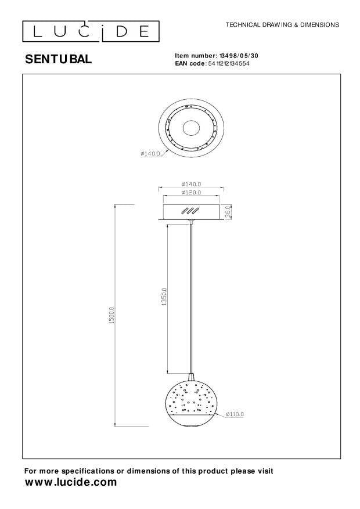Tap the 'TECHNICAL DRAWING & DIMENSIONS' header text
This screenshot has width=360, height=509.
[282, 26]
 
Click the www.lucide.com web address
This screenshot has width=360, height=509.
[70, 482]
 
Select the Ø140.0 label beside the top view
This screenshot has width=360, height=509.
[150, 154]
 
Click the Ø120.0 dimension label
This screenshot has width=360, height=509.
[191, 192]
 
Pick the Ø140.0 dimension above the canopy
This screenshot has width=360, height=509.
[191, 184]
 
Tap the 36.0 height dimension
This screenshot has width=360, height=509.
[229, 212]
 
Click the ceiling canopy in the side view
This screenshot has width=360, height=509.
[191, 212]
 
